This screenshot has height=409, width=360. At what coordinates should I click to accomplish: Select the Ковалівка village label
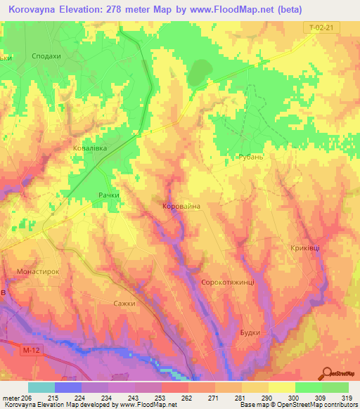(x=89, y=148)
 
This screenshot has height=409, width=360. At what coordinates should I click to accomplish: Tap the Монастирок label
(x=37, y=271)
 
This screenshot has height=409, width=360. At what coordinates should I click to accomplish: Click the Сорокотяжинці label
(x=232, y=281)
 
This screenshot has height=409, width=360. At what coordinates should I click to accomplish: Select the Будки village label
(x=250, y=332)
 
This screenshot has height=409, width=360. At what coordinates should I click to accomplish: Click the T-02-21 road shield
(x=320, y=27)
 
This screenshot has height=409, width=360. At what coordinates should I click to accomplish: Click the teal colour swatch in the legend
(x=41, y=387)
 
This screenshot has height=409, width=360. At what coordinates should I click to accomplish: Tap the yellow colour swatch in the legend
(x=282, y=387)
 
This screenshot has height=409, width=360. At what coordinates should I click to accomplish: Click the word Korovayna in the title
(x=39, y=9)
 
